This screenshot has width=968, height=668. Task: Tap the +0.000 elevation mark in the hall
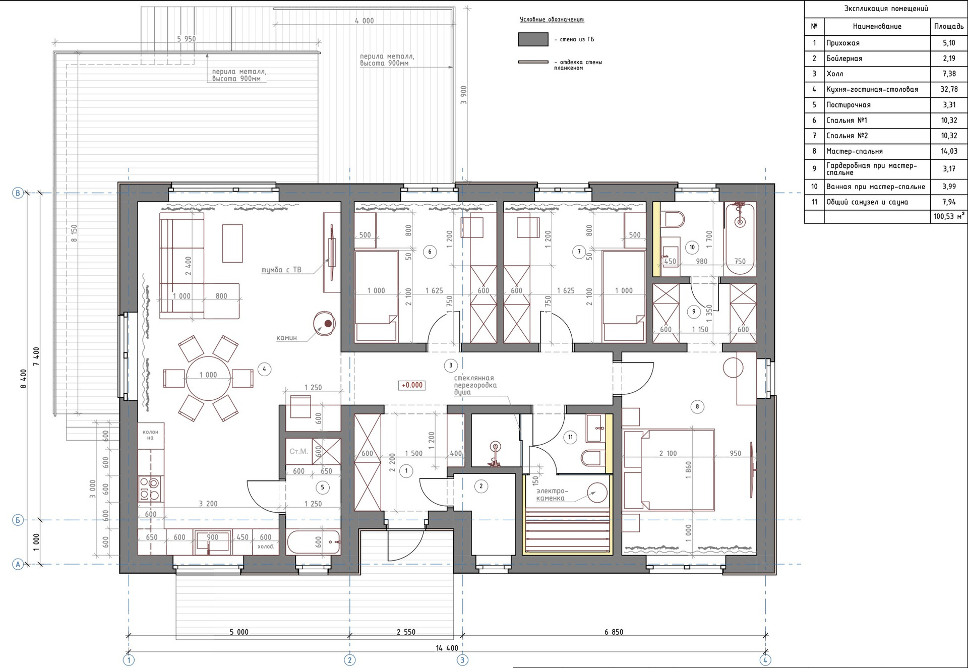pos(412,385)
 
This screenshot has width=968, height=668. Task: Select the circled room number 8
pos(697,407)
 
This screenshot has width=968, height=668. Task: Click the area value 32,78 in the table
pos(949,89)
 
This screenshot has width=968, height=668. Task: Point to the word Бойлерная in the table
pos(844,58)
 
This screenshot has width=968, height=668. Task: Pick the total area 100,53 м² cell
pos(949,216)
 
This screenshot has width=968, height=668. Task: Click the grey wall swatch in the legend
pos(533,39)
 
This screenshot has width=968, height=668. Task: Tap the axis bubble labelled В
pos(18,193)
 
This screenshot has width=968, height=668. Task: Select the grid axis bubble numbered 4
pos(765,659)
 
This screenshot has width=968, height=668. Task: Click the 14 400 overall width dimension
pos(447,648)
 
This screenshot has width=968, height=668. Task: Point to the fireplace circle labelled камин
pos(324,323)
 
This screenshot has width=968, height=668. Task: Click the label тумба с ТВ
pos(281,270)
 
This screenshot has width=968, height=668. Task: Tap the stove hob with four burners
pos(150,488)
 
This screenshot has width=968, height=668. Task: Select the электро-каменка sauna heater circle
pos(598,493)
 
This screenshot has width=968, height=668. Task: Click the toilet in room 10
pos(674,219)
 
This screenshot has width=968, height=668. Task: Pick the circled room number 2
pos(481,486)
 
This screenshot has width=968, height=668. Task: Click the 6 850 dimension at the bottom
pos(614,632)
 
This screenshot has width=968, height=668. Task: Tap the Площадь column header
pos(949,26)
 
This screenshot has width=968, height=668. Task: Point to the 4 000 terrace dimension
pos(365,21)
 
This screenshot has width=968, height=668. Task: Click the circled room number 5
pos(322,487)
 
